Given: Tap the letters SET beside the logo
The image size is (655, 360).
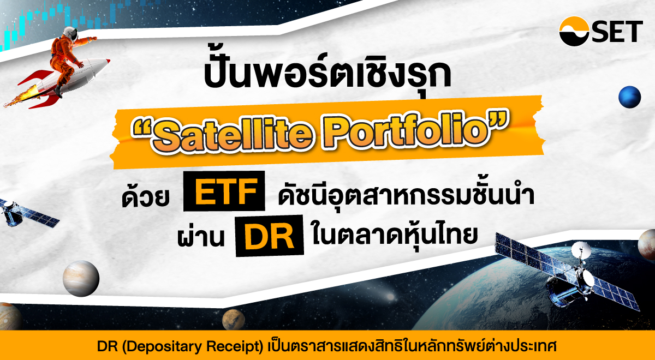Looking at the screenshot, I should pos(617,32).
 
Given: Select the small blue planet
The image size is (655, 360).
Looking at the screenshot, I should pos(629,97).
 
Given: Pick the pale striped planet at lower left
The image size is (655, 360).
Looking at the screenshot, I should pos(81,278).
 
